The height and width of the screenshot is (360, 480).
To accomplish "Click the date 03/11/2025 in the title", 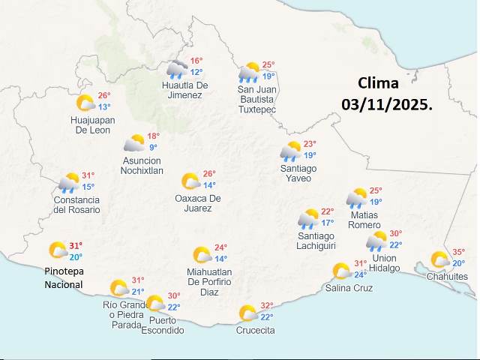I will (x=387, y=104).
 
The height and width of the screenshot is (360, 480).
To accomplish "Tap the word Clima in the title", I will (x=378, y=82).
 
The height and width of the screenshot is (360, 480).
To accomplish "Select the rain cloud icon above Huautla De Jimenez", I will (x=177, y=70).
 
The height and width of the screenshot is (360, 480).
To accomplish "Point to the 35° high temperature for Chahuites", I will (x=458, y=253).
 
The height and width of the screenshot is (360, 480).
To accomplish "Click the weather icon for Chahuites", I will (x=439, y=260).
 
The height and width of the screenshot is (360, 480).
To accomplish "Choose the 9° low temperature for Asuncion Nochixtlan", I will (x=153, y=148).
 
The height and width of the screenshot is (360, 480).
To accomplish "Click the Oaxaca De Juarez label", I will (x=198, y=202).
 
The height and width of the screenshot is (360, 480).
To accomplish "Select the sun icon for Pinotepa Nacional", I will (x=58, y=250).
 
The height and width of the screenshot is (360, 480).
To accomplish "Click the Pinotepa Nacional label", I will (x=63, y=277).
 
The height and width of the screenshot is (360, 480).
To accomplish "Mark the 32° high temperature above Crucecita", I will (x=266, y=306).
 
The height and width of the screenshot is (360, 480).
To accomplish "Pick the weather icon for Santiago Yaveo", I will (x=290, y=151).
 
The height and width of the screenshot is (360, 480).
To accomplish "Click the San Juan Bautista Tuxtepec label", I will (x=256, y=99).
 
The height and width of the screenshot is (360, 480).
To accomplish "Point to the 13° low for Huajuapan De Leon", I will (x=103, y=107).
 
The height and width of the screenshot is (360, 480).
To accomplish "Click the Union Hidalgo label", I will (x=385, y=263).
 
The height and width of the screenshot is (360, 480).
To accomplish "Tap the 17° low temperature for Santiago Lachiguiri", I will (x=328, y=223).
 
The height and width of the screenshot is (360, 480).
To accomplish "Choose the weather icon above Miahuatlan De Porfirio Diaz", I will (x=202, y=255).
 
